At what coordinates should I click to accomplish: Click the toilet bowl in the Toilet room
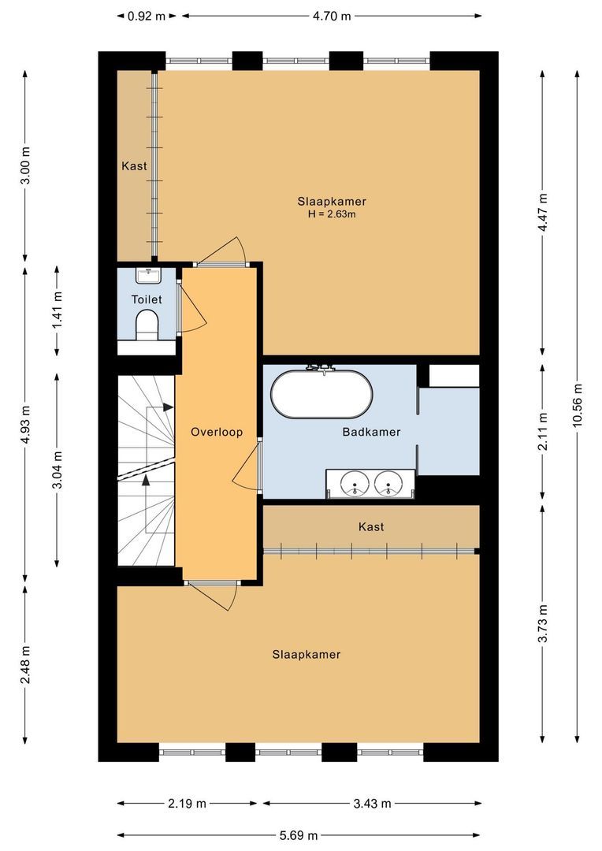pos(147,324)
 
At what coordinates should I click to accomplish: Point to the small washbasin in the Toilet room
pos(147,275)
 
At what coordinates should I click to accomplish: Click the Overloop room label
pos(217,432)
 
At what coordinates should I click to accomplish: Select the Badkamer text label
pos(371,432)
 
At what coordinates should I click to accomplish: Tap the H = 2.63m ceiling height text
pos(332,214)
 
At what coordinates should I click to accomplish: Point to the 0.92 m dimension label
pos(147,15)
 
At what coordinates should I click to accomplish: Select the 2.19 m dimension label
pos(188,804)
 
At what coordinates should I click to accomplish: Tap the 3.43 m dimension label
pos(370,804)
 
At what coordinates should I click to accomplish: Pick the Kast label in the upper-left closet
pos(134,166)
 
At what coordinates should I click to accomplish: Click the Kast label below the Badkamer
pos(371,526)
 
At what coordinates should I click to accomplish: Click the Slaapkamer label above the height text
pos(332,201)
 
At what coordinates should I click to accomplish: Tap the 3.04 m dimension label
pos(57,470)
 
